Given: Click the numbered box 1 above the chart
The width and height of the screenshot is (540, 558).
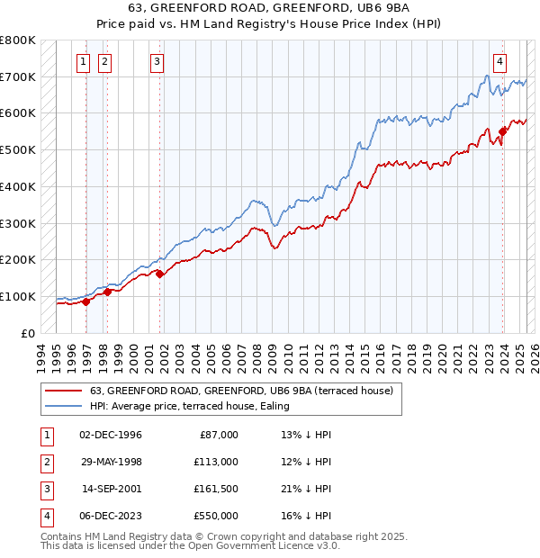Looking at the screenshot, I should [x=83, y=62].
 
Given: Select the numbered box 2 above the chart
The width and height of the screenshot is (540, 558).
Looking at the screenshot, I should [x=104, y=62].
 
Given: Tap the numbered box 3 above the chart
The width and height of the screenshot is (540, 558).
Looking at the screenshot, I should [x=157, y=62].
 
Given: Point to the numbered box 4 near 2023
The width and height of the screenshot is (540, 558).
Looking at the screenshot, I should [x=499, y=62].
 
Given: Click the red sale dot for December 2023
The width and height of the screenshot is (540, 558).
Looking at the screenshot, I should [x=502, y=131].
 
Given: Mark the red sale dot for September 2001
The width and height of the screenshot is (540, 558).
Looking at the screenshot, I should [x=160, y=274].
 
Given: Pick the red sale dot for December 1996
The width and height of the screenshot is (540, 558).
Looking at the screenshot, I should [x=86, y=301].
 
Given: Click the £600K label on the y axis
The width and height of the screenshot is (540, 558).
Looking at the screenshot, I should [x=18, y=113].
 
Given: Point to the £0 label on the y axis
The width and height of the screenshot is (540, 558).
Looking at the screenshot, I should [x=27, y=333].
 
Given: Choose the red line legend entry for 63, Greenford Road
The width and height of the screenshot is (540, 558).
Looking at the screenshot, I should [x=241, y=391].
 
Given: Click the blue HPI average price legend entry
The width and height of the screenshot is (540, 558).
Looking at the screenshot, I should [x=214, y=407].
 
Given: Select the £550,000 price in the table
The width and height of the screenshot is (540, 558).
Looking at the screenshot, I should [x=216, y=516].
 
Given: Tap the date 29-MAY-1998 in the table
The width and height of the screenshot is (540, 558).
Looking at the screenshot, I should [x=111, y=462].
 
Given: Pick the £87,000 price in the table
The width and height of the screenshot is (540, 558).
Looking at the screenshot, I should [x=219, y=435].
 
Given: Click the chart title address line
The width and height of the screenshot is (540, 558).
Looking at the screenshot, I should [x=270, y=10].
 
